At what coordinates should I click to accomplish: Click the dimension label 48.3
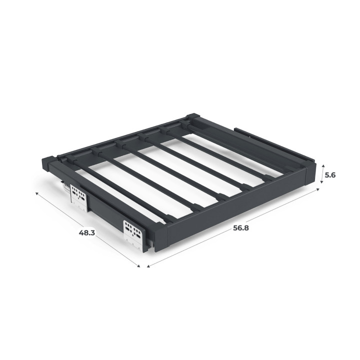pos(87,232)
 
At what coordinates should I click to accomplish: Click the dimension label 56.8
pos(241,228)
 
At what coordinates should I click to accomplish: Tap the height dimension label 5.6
pos(330,175)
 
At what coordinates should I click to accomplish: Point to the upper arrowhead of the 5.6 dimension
pos(323,166)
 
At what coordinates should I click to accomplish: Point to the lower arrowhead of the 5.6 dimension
pos(322,182)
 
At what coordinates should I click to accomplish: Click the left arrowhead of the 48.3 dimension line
pos(36,193)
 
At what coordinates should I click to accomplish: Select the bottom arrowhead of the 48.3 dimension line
pos(138,266)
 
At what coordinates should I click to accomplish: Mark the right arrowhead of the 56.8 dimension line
pos(318,189)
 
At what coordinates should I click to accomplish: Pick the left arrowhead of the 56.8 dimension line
pos(148,266)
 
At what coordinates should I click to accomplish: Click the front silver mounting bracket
pos(133,234)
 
